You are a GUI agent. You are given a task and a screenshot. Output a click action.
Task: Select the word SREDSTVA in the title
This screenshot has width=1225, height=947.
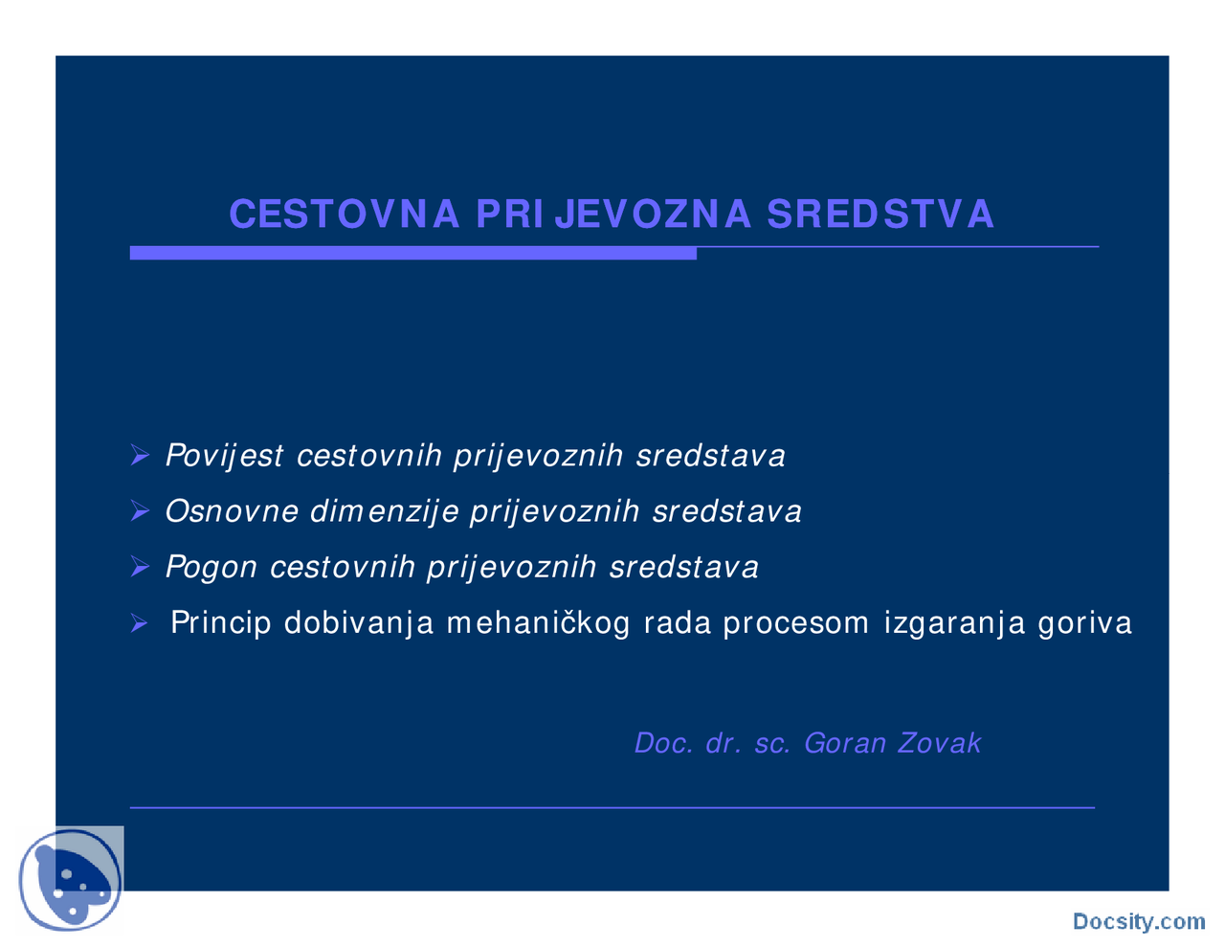point(880,214)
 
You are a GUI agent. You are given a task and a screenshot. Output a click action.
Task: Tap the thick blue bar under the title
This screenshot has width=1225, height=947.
point(412,253)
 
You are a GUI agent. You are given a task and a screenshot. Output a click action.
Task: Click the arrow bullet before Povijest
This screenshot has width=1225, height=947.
point(140,456)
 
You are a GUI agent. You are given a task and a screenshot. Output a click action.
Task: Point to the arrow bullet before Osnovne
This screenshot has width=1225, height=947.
point(140,512)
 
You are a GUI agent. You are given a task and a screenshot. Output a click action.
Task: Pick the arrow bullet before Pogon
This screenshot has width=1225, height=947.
point(140,568)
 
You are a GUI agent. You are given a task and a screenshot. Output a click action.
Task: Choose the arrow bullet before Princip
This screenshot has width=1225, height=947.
point(140,624)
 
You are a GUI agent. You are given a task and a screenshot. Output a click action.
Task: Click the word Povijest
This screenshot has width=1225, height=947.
point(224,456)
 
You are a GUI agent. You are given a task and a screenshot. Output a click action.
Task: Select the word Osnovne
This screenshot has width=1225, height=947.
point(232,511)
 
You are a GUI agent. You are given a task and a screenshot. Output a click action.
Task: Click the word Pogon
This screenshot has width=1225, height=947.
point(212,568)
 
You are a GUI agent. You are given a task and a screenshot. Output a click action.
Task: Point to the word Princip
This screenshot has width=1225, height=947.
point(221,623)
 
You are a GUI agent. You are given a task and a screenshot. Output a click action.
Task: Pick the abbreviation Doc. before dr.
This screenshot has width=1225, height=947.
point(664,743)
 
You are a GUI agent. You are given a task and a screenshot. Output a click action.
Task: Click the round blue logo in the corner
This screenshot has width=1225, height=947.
point(71,880)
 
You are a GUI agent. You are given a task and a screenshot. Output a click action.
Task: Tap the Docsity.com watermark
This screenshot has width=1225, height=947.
point(1138,921)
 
